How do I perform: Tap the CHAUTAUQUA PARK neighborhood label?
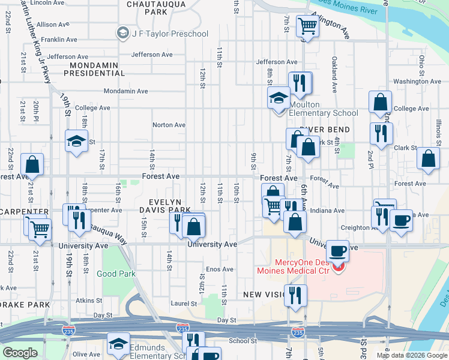[147, 8]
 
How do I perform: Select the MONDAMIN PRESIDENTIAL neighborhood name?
[97, 69]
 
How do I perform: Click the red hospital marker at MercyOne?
[339, 268]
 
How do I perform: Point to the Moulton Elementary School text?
[324, 109]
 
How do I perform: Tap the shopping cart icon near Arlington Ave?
[307, 26]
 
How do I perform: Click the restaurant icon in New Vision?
[295, 295]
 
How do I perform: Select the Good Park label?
[116, 274]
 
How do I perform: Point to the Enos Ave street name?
[219, 269]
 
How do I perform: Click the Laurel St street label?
[185, 304]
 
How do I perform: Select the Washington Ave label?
[418, 81]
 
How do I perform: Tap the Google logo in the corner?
[20, 353]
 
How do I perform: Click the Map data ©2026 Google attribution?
[411, 355]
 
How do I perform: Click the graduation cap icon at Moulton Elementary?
[279, 97]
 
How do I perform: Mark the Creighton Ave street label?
[355, 227]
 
